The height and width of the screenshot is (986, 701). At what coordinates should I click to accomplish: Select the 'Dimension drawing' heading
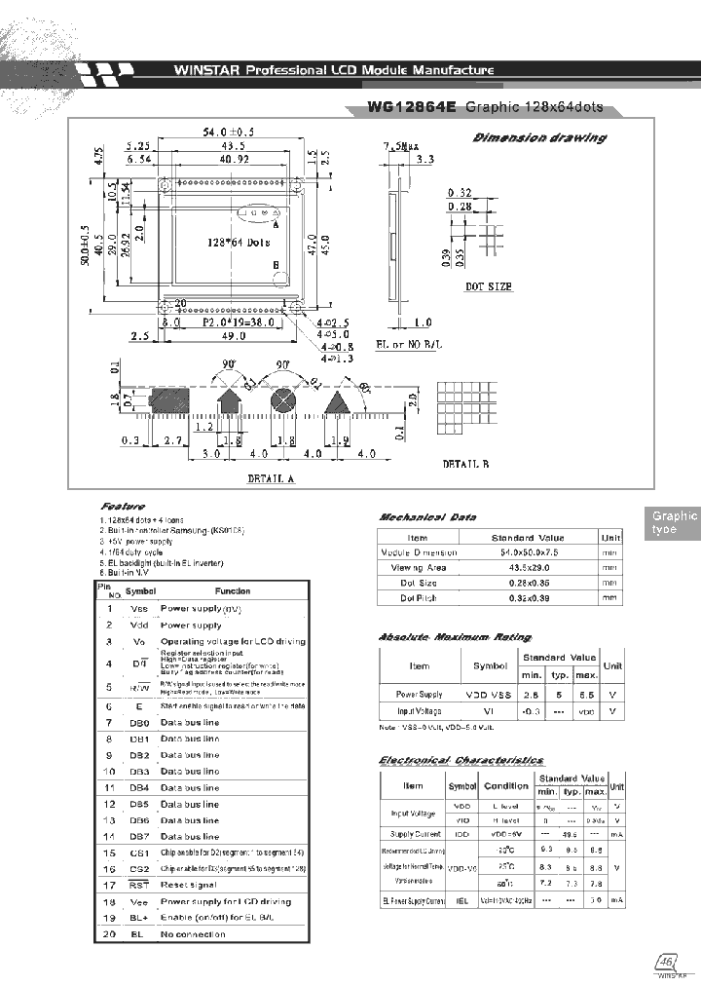click(538, 137)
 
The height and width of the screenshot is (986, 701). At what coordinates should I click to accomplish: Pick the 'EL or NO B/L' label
click(409, 345)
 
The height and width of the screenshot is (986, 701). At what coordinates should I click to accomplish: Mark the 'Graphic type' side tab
click(674, 523)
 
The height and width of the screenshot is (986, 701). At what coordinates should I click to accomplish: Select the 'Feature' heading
click(123, 508)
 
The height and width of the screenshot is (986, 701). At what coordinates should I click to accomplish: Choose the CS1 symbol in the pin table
click(140, 853)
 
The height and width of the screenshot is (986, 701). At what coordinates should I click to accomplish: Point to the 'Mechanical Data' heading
click(427, 517)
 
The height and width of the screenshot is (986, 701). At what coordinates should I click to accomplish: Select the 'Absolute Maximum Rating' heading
click(442, 637)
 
